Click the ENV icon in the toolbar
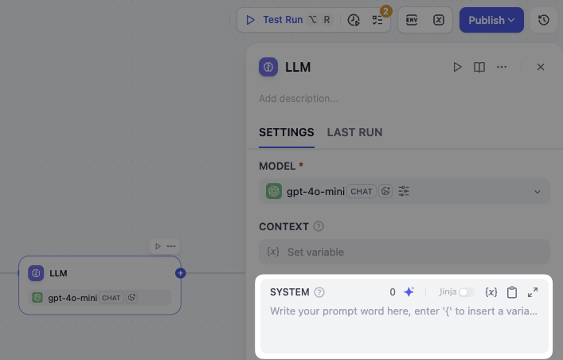(x=412, y=20)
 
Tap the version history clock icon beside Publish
(x=544, y=20)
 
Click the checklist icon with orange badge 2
(x=377, y=20)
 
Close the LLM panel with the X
(x=541, y=67)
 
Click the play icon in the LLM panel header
(x=457, y=67)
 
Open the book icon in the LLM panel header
(x=479, y=67)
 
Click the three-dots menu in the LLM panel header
(x=501, y=67)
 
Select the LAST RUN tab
(x=354, y=132)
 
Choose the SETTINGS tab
(x=287, y=132)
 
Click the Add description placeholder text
(x=299, y=99)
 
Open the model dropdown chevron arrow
(x=538, y=191)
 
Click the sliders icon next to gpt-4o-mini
(x=404, y=191)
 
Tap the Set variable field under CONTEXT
(x=405, y=252)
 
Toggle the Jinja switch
(x=467, y=292)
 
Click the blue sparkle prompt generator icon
(x=409, y=292)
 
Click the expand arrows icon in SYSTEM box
(x=533, y=292)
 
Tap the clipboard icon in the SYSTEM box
(x=512, y=292)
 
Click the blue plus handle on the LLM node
(x=181, y=273)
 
